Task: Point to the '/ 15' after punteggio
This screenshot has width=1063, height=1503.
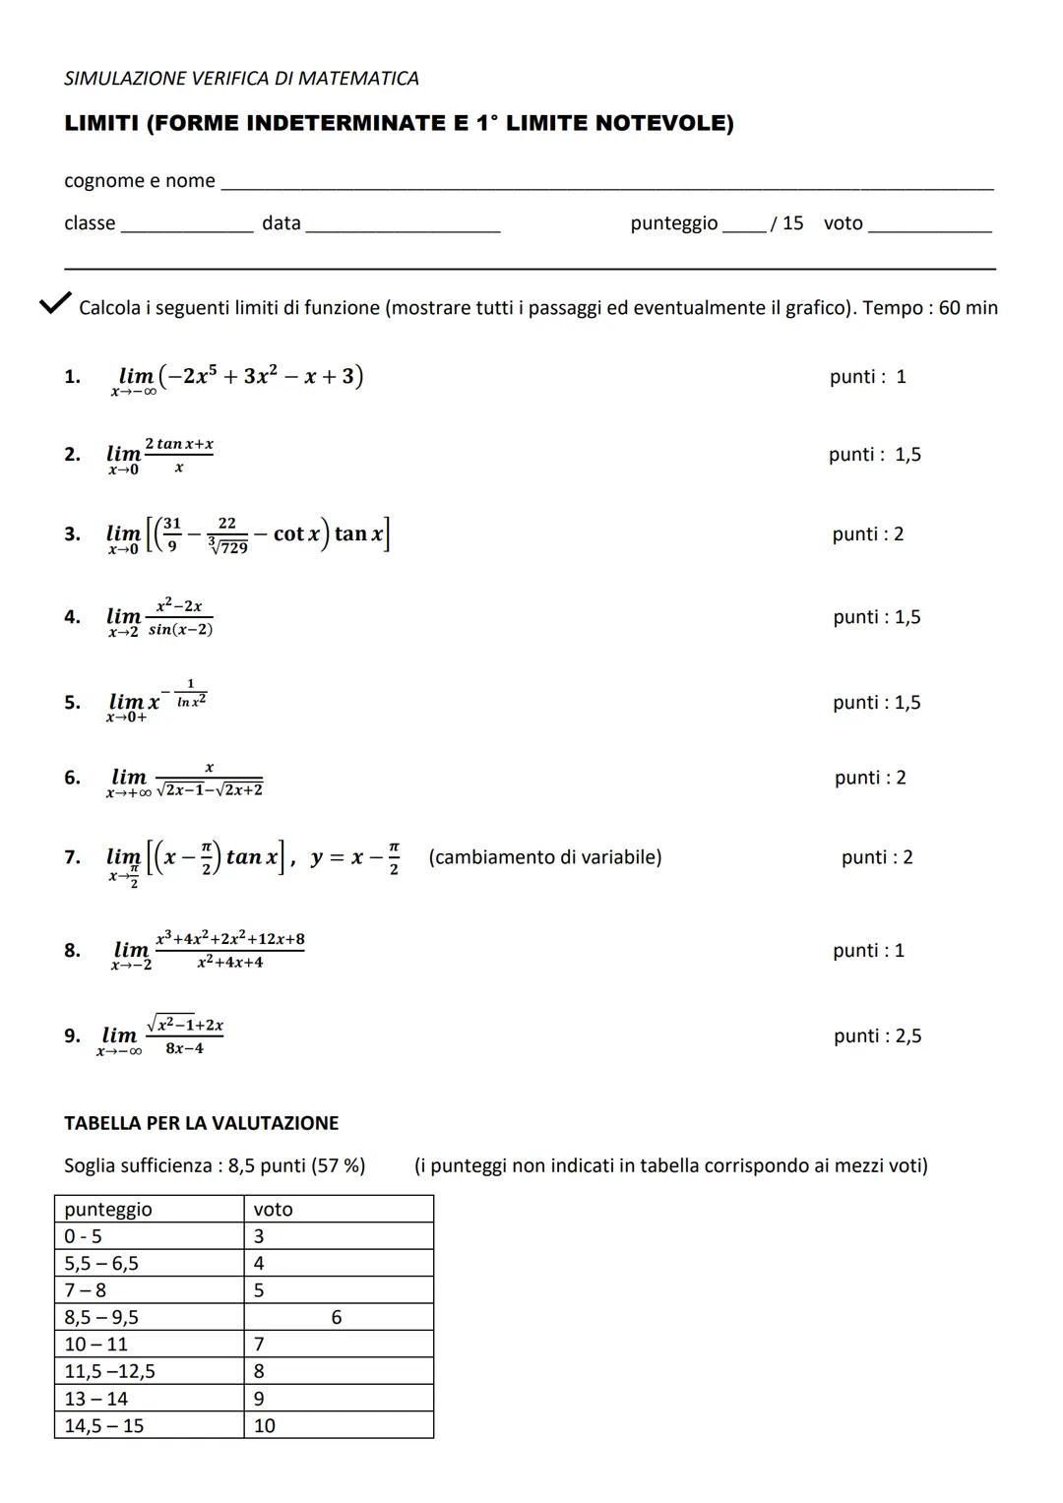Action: pos(786,223)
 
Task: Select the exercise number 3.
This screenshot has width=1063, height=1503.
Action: pos(72,534)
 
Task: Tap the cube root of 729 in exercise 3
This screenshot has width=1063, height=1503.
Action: pos(229,546)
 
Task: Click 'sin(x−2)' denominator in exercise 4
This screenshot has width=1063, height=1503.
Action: pos(181,630)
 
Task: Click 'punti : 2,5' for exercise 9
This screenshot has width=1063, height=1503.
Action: pos(877,1036)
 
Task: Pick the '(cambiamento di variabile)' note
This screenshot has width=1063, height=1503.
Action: pos(545,857)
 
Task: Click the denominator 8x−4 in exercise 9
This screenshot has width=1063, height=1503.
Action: pos(184,1049)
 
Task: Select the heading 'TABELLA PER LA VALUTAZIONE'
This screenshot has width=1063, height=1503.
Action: pos(201,1123)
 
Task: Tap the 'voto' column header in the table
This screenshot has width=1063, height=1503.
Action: pos(273,1210)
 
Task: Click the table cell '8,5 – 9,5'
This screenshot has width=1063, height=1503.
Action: pos(101,1318)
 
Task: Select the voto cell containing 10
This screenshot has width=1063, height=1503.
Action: pos(265,1426)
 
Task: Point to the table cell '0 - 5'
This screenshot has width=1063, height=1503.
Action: pos(83,1237)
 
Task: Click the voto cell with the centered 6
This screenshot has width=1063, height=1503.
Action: pos(337,1318)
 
